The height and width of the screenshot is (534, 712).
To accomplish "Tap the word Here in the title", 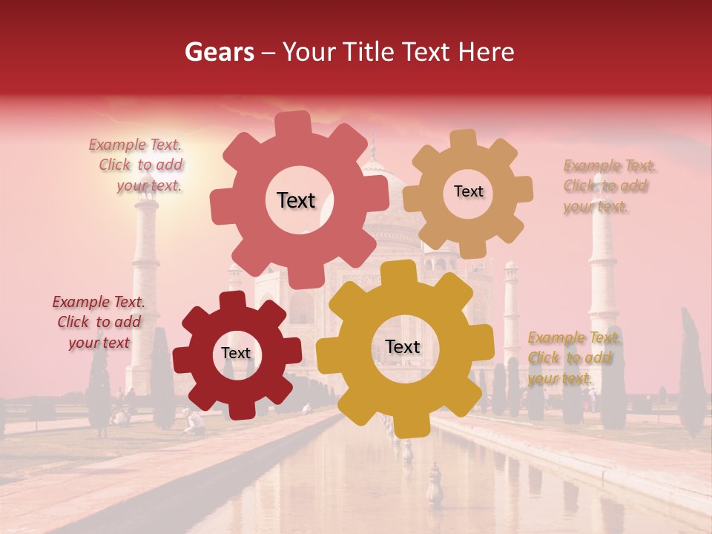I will [x=487, y=52].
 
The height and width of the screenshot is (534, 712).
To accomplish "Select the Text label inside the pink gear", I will [x=296, y=200].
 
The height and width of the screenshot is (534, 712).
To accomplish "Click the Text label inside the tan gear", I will [x=468, y=191].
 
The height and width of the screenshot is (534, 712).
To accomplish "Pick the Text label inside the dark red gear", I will [x=236, y=354].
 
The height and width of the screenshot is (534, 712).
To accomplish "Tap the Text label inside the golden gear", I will [x=402, y=347].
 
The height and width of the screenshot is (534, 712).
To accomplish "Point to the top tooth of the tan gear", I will [x=463, y=139].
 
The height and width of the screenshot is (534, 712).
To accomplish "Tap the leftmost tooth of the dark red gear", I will [x=182, y=360].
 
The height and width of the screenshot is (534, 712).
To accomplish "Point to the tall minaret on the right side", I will [x=602, y=274].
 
